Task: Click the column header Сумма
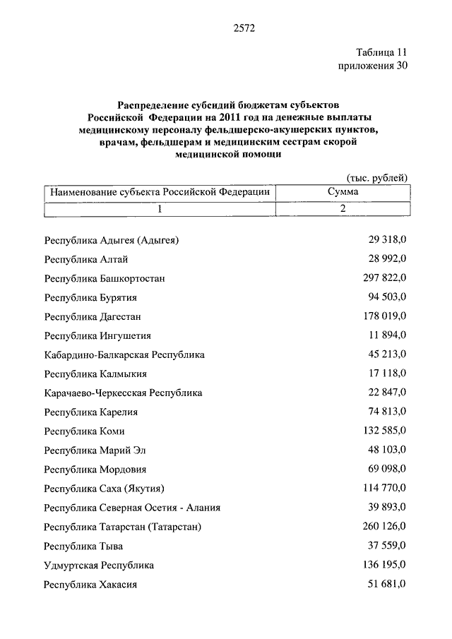pos(343,192)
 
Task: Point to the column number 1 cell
pos(160,209)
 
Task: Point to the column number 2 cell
pos(343,209)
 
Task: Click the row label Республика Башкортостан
pos(105,279)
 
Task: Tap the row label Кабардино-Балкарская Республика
pos(124,355)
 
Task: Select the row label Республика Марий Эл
pos(96,450)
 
